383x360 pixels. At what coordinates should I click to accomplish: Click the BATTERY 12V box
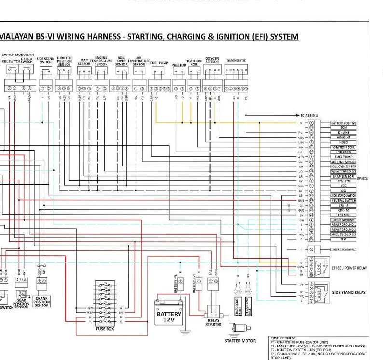(169, 317)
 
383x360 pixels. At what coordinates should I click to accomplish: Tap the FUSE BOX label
(105, 328)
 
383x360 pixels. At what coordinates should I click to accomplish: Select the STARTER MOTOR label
(240, 341)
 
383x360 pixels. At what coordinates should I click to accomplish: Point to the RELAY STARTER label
(213, 322)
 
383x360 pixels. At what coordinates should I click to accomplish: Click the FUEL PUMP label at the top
(159, 63)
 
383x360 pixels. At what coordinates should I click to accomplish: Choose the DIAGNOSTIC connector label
(235, 61)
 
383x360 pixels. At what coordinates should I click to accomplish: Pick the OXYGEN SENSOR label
(212, 61)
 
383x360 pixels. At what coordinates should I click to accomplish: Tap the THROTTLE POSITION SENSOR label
(64, 61)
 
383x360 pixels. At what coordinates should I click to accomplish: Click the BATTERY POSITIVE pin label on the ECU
(343, 123)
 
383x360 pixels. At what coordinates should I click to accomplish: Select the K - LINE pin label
(343, 132)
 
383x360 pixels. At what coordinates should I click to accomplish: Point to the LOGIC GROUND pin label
(343, 220)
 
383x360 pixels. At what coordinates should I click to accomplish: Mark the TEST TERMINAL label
(343, 249)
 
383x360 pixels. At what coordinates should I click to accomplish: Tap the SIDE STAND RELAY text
(349, 293)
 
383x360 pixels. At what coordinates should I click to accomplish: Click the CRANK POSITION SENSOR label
(42, 302)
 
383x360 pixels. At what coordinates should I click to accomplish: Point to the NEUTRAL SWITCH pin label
(343, 200)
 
